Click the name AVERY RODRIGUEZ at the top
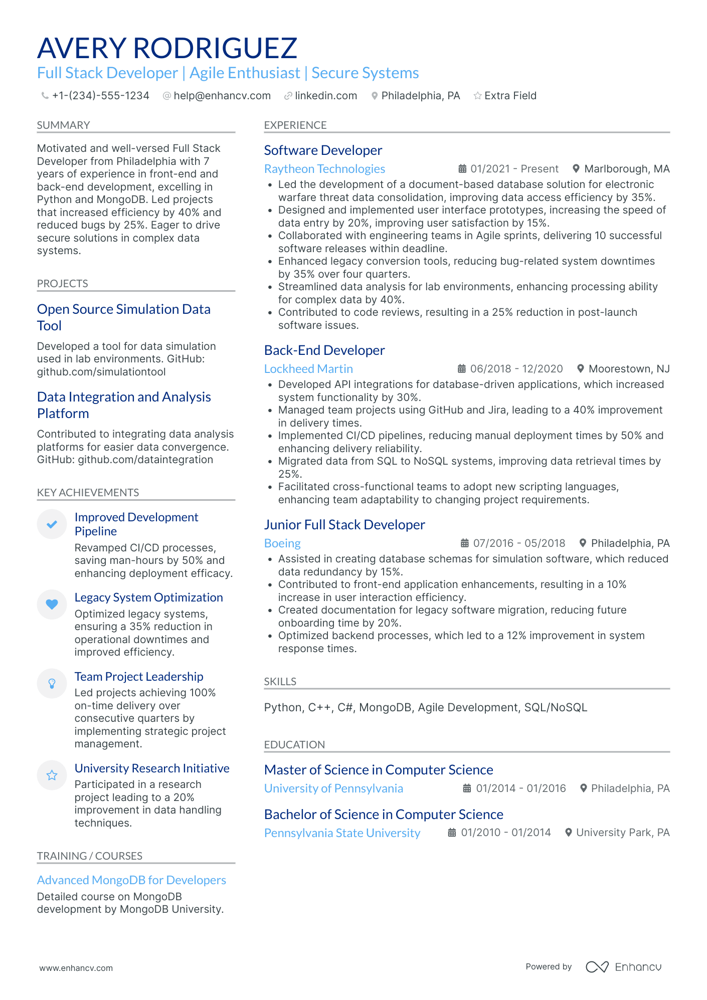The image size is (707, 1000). coord(167,49)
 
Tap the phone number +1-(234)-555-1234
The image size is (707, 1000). coord(100,96)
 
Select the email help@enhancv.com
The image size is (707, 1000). coord(222,96)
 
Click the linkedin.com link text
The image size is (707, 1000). coord(325,96)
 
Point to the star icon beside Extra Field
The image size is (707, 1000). coord(477,96)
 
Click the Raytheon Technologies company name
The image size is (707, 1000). coord(324,169)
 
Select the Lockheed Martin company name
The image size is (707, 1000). coord(308,369)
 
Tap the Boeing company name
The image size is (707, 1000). coord(282,543)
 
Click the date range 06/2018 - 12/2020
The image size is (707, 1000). coord(516,369)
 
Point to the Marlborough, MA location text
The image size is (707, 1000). coord(626,169)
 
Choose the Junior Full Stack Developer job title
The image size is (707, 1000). coord(344,525)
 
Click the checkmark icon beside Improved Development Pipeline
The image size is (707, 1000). coord(52,524)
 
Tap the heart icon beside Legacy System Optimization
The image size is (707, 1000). coord(52,604)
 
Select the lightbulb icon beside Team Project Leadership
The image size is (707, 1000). coord(52,684)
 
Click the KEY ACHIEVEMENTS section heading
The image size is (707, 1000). coord(88,493)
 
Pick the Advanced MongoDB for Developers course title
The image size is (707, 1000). coord(131,880)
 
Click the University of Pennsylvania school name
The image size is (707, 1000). coord(333,788)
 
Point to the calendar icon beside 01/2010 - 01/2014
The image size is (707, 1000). coord(452,833)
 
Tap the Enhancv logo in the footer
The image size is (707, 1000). coord(623,967)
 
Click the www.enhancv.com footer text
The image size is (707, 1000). coord(76,968)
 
